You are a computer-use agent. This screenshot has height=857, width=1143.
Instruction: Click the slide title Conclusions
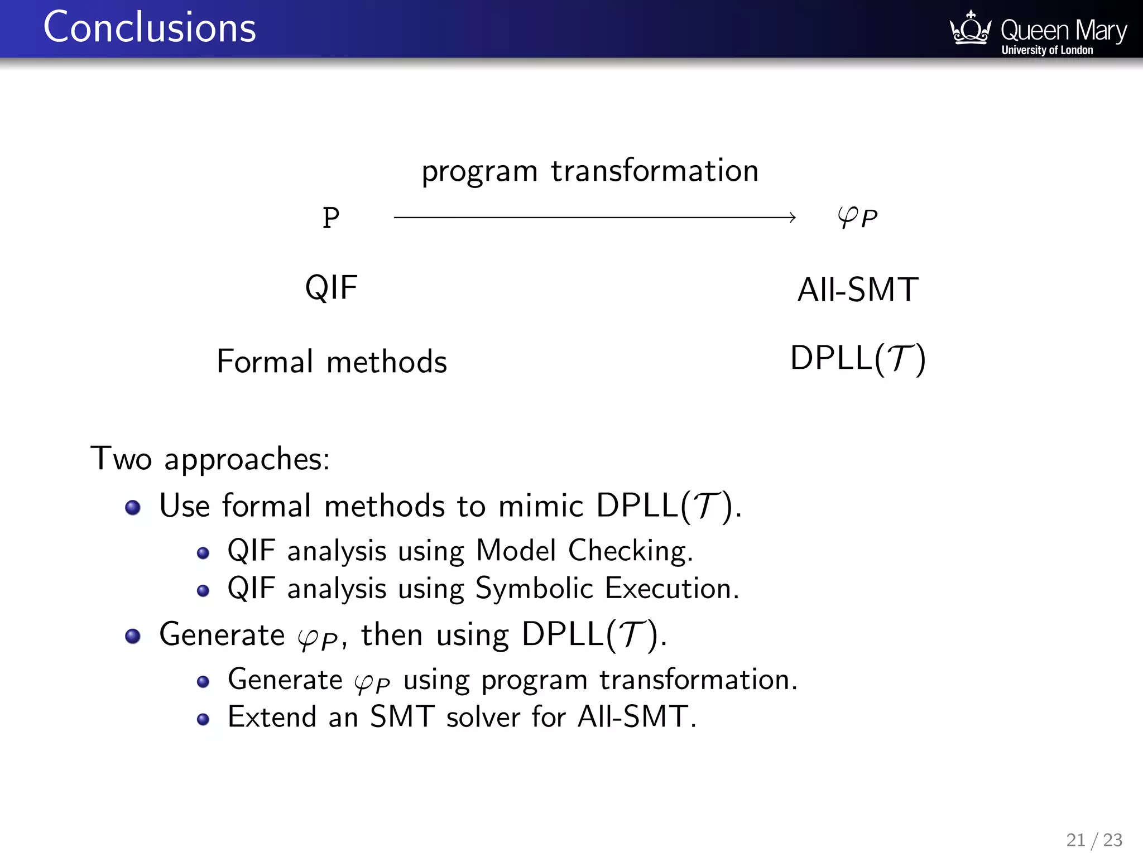tap(150, 28)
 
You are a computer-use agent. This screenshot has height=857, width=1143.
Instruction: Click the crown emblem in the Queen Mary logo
tap(970, 29)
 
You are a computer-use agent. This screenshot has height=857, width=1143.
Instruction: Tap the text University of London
tap(1047, 50)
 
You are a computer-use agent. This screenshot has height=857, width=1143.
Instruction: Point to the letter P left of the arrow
tap(331, 218)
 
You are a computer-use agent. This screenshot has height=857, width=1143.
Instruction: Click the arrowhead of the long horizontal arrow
tap(793, 218)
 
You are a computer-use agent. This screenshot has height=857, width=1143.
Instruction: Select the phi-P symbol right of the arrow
tap(857, 218)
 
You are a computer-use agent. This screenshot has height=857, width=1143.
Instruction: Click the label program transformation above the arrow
tap(590, 171)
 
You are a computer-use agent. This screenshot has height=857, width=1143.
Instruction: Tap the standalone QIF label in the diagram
tap(331, 288)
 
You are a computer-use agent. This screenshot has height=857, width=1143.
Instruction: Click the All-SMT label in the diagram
tap(857, 290)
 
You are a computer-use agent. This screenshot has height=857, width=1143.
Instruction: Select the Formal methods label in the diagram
tap(332, 362)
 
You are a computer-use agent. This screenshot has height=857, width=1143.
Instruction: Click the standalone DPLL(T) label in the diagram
tap(858, 358)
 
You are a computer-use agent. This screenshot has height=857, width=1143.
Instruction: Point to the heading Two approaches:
tap(210, 459)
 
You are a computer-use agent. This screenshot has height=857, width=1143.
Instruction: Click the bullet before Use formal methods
tap(133, 508)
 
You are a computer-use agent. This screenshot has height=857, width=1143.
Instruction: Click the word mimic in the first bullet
tap(540, 507)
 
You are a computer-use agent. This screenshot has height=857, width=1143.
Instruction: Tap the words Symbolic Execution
tap(607, 589)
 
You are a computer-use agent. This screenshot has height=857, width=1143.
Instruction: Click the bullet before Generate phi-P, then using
tap(133, 636)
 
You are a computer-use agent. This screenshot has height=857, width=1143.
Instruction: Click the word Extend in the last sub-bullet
tap(272, 717)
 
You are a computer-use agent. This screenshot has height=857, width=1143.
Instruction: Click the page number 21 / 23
tap(1094, 840)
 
